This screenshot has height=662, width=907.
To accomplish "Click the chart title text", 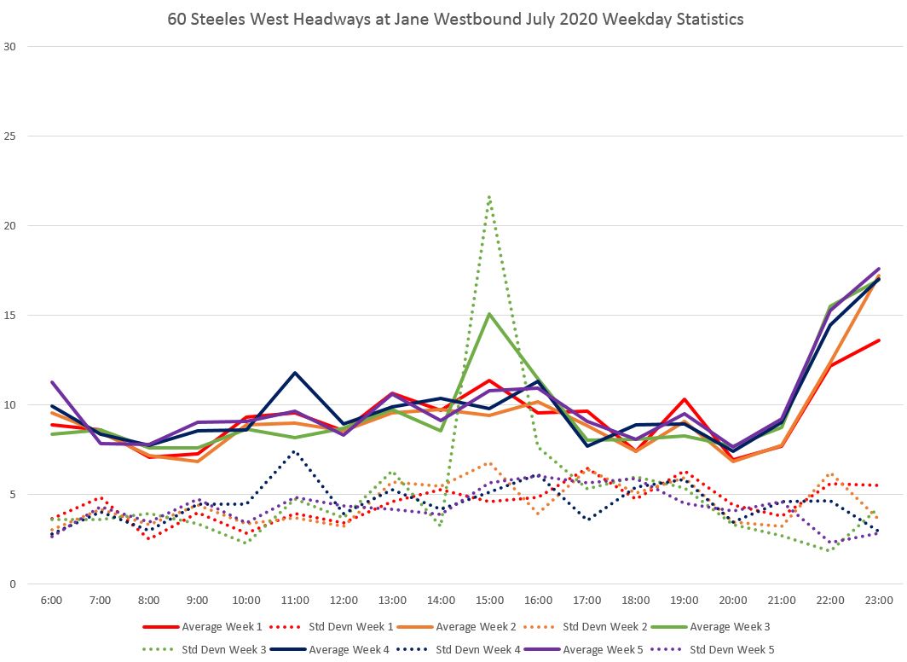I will coord(455,19).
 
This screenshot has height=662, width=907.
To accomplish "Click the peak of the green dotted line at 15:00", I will coord(489,196).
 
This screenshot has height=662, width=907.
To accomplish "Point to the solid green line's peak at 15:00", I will coord(489,314).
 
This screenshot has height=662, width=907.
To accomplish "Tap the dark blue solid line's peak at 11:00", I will coord(295,373).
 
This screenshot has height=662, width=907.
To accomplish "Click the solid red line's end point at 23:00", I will coord(879,340).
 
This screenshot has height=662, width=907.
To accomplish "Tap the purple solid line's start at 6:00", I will coord(51,382).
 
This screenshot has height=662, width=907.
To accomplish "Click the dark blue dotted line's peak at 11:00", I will coord(295,451).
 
